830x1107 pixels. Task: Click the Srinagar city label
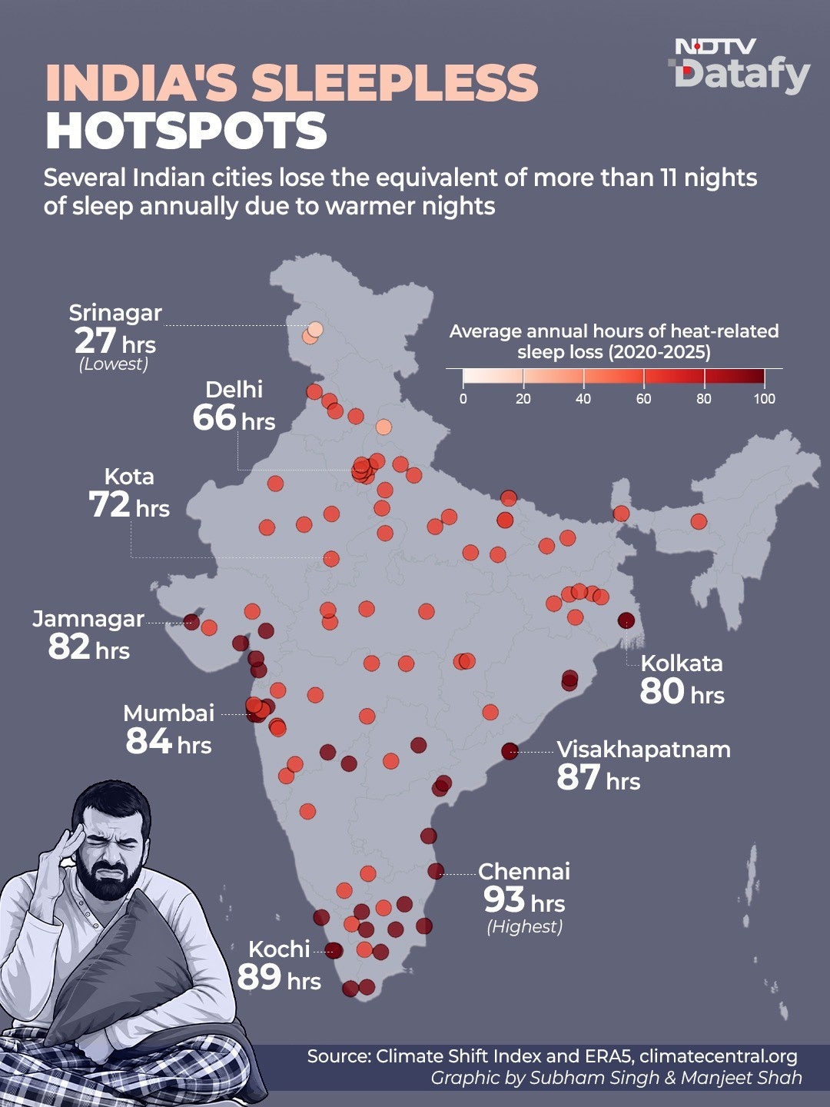pos(115,313)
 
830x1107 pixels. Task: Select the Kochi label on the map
pos(279,949)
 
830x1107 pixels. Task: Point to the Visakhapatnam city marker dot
pos(510,751)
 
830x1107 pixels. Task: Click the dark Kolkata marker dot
pos(626,620)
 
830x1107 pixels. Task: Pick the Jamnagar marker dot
pos(191,622)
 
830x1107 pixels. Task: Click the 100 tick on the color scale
pos(764,378)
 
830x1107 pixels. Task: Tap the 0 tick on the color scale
pos(463,378)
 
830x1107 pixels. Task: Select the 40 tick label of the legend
pos(583,399)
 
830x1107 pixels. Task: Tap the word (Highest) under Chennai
pos(525,926)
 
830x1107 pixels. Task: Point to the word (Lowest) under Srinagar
pos(114,364)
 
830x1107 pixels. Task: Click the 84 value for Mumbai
pos(148,741)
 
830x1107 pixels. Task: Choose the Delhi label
pos(234,389)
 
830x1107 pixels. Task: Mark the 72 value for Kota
pos(109,505)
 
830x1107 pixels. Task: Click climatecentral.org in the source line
pos(719,1056)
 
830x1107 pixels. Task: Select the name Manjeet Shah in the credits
pos(742,1077)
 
